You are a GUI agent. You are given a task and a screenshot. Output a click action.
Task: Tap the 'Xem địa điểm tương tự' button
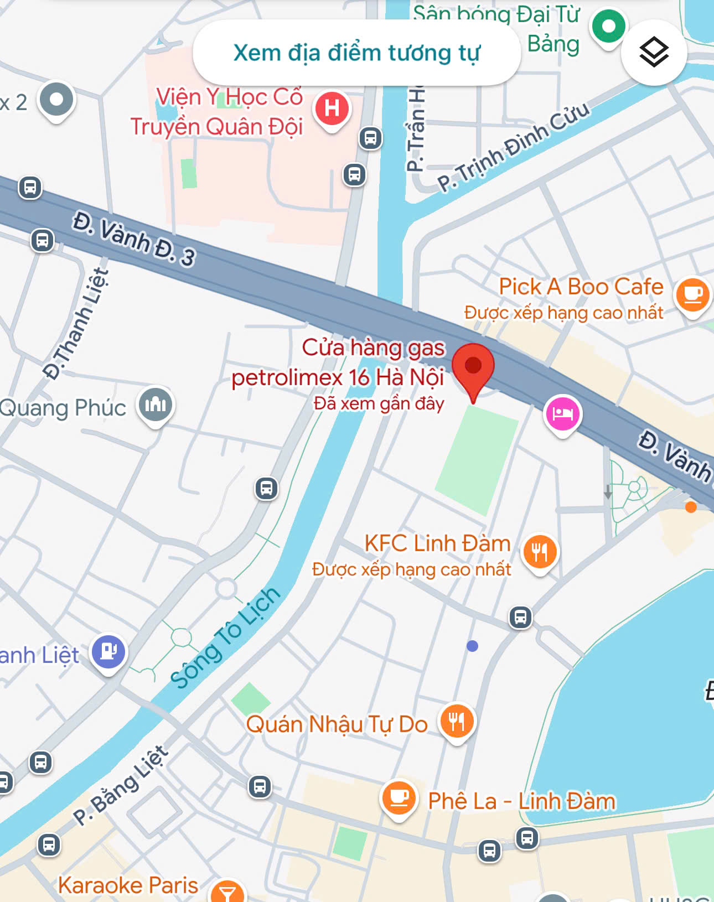356,53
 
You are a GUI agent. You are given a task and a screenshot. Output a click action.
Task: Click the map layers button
654,53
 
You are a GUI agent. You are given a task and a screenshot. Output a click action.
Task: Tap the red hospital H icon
332,108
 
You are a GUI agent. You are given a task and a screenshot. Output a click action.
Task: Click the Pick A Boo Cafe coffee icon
692,294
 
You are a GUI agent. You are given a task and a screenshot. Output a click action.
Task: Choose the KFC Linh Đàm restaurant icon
540,552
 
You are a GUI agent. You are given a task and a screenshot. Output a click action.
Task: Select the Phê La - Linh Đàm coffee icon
399,798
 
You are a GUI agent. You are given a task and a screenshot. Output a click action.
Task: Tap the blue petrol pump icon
108,651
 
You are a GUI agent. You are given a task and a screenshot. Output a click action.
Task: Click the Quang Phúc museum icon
156,405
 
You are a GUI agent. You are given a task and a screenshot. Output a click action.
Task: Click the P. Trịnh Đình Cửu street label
514,146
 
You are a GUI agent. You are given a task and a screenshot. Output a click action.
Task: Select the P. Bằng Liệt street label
120,786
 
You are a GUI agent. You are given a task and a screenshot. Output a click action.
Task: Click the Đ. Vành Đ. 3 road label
134,239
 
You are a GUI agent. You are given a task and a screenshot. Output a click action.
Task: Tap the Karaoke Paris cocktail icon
227,892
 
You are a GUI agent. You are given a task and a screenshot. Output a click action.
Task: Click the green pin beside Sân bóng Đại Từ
608,26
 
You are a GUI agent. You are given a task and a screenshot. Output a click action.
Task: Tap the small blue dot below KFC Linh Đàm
472,646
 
